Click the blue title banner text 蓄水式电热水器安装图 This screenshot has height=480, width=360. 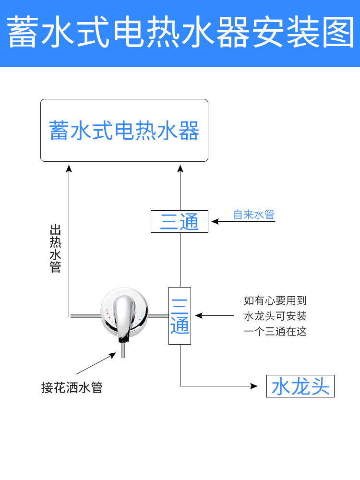(180, 33)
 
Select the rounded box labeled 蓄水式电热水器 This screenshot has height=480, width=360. (124, 130)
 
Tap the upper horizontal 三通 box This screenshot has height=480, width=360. (180, 221)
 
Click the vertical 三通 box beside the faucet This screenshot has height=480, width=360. (180, 315)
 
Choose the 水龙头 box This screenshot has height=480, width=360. (300, 386)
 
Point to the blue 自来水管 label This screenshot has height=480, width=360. (253, 215)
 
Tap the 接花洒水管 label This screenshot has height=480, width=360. (72, 387)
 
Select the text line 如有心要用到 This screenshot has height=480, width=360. (275, 300)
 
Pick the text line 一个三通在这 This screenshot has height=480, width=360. (275, 331)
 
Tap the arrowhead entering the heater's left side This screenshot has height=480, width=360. (69, 168)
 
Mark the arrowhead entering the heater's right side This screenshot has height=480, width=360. (180, 168)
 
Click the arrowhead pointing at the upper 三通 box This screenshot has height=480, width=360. (215, 221)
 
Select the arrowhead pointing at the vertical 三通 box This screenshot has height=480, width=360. (198, 315)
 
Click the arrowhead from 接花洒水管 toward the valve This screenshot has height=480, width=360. (113, 356)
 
